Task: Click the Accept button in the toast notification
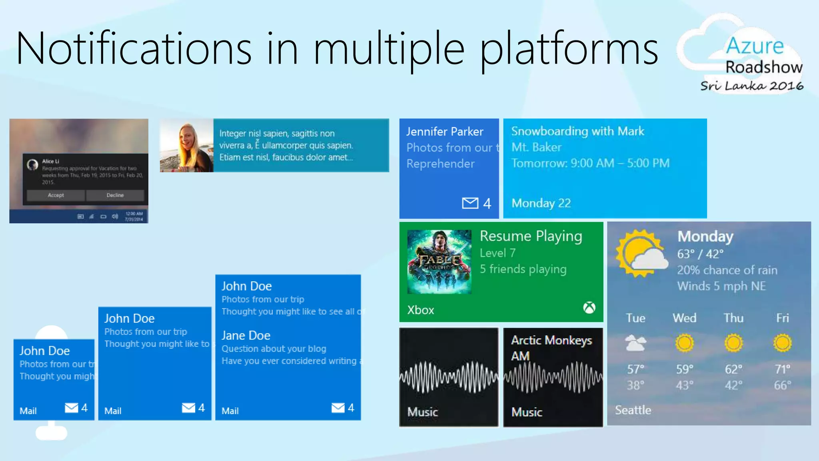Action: [x=56, y=195]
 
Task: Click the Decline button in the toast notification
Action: [x=115, y=195]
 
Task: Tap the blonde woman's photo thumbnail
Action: [x=186, y=146]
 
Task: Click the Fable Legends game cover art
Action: [x=439, y=262]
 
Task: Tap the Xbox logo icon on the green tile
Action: [x=589, y=308]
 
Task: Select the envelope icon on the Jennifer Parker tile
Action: [x=470, y=203]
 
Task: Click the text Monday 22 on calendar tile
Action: [x=541, y=203]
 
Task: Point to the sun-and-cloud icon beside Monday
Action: [x=641, y=254]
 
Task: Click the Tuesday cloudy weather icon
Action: [x=635, y=343]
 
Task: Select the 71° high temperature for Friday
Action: [x=782, y=369]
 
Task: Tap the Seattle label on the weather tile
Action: [x=633, y=410]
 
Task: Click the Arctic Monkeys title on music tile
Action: [x=551, y=341]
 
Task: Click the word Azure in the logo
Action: [x=755, y=46]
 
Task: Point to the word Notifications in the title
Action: [x=134, y=49]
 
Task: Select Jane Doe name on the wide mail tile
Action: [x=246, y=335]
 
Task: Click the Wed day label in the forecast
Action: [x=684, y=318]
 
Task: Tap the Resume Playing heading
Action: [x=531, y=236]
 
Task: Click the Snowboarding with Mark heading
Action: [x=577, y=131]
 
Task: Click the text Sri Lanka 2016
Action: [x=751, y=86]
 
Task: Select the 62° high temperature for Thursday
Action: [x=733, y=369]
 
